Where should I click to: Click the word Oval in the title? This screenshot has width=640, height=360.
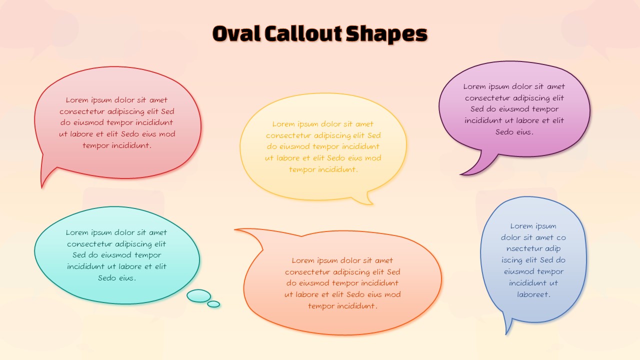(x=235, y=34)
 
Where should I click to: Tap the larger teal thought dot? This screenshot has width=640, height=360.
(x=198, y=296)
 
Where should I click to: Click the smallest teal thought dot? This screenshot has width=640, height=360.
(x=213, y=304)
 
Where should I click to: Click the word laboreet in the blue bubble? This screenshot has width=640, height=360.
(x=533, y=294)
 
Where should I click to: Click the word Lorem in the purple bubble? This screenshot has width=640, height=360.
(x=474, y=86)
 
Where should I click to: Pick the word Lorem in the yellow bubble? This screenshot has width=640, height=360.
(x=283, y=124)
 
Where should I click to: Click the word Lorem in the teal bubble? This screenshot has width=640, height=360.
(x=77, y=232)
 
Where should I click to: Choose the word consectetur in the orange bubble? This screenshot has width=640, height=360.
(x=307, y=272)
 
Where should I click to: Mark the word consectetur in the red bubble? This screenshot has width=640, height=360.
(x=82, y=111)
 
